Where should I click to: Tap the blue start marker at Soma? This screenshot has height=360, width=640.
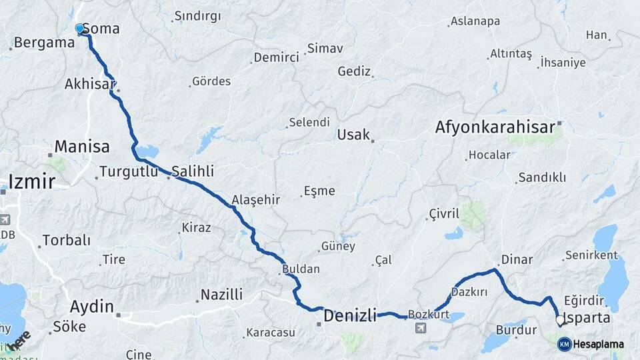click(x=80, y=29)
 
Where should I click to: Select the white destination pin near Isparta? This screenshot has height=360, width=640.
click(x=561, y=321)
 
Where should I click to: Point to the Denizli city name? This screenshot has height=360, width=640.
click(x=350, y=315)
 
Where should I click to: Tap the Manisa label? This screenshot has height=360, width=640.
click(x=82, y=146)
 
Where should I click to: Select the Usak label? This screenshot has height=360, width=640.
click(x=353, y=135)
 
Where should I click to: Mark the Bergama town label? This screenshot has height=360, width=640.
click(x=43, y=43)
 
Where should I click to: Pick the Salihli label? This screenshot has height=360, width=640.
click(x=193, y=170)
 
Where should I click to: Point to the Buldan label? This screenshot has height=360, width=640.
click(x=301, y=269)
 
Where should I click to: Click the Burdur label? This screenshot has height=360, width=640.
click(x=516, y=329)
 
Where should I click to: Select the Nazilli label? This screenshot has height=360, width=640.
click(x=221, y=295)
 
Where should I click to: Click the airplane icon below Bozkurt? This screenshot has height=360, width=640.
click(x=421, y=328)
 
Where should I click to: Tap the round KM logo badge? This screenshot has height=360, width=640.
click(x=565, y=344)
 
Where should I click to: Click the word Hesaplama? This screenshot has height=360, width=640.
click(x=599, y=344)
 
